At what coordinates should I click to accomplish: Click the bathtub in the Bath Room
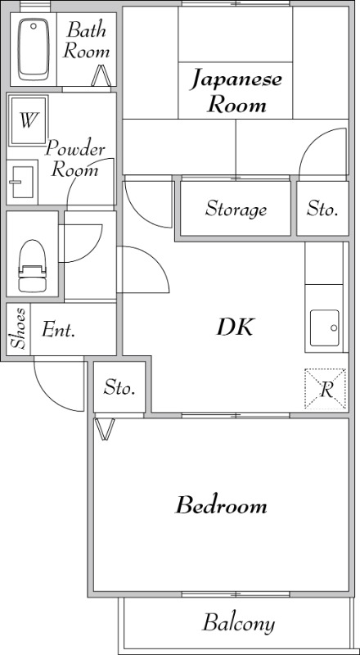pyautogui.click(x=34, y=50)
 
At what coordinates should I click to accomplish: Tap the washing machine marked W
pyautogui.click(x=29, y=120)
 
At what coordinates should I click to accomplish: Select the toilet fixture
pyautogui.click(x=32, y=265)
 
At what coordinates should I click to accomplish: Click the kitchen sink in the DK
pyautogui.click(x=324, y=328)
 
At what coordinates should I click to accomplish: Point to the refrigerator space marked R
pyautogui.click(x=326, y=389)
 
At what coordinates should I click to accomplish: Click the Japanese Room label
pyautogui.click(x=236, y=93)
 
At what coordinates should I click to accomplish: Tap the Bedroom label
pyautogui.click(x=221, y=505)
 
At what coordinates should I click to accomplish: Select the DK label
pyautogui.click(x=235, y=327)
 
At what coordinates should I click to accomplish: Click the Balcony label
pyautogui.click(x=238, y=623)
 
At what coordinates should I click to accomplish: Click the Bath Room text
pyautogui.click(x=87, y=40)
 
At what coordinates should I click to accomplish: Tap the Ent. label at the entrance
pyautogui.click(x=58, y=331)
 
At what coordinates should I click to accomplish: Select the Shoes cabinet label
pyautogui.click(x=19, y=328)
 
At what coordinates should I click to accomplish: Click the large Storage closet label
pyautogui.click(x=236, y=209)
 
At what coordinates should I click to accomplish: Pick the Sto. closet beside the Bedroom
pyautogui.click(x=119, y=387)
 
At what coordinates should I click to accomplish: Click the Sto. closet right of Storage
pyautogui.click(x=322, y=208)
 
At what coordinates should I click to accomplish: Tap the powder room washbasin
pyautogui.click(x=22, y=182)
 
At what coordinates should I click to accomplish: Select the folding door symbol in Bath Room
pyautogui.click(x=101, y=75)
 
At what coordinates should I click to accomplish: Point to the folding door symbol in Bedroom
pyautogui.click(x=105, y=429)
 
